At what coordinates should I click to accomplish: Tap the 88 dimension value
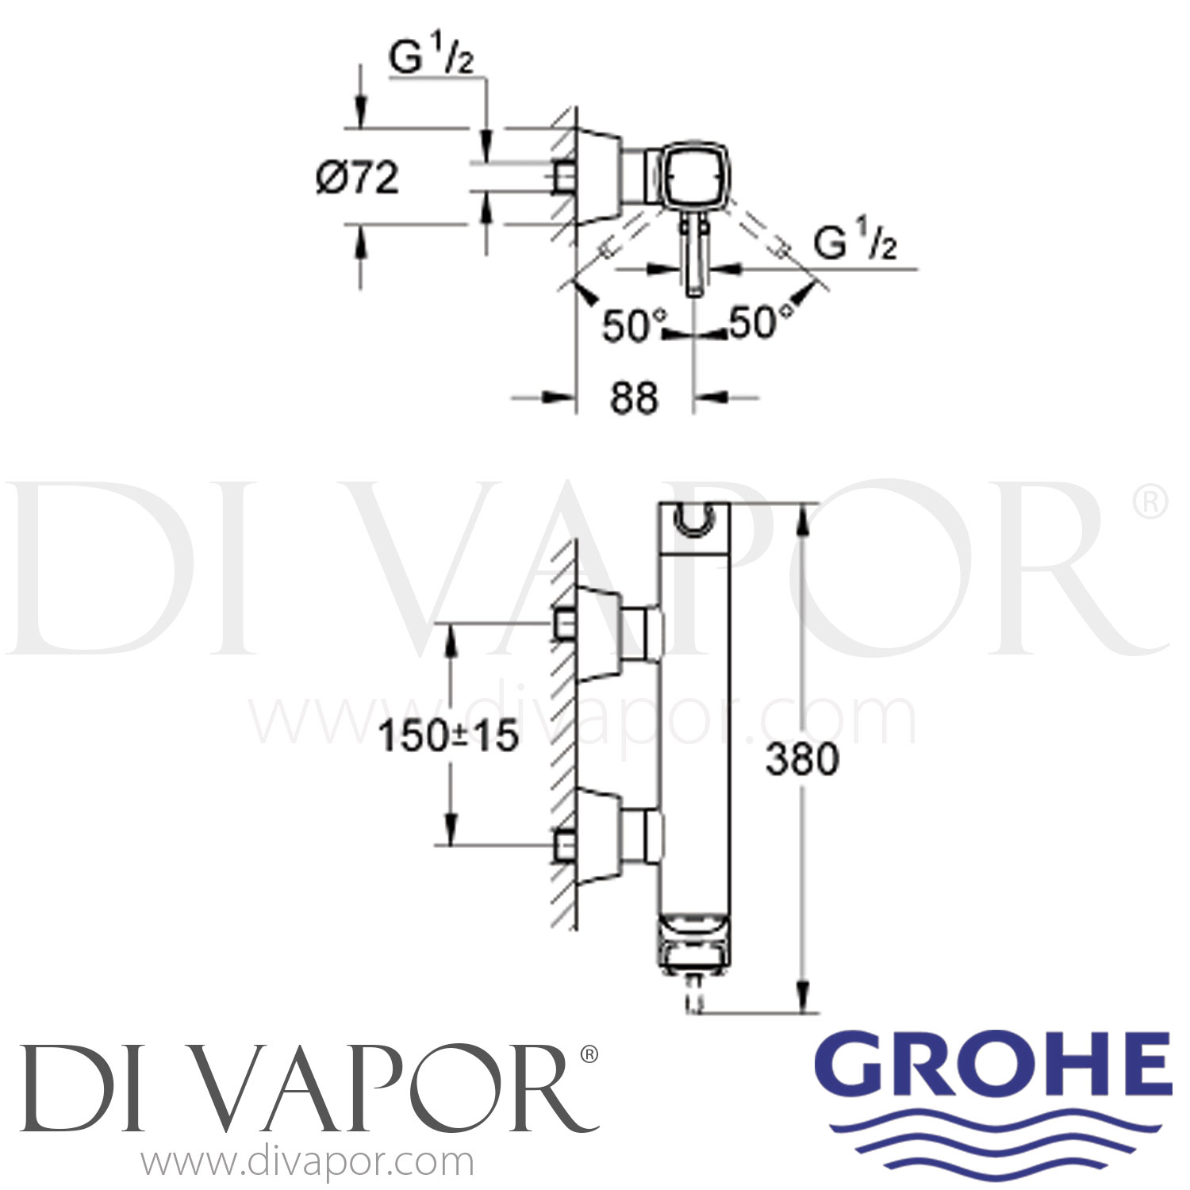pyautogui.click(x=634, y=397)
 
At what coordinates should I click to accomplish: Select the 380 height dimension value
pyautogui.click(x=801, y=760)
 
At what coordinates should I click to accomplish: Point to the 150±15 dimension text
pyautogui.click(x=448, y=737)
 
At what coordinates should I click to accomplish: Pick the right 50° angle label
pyautogui.click(x=752, y=323)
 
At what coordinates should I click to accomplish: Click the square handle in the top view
pyautogui.click(x=688, y=176)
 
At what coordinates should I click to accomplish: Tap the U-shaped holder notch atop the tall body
pyautogui.click(x=694, y=520)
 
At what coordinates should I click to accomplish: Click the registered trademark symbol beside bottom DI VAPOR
pyautogui.click(x=588, y=1054)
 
